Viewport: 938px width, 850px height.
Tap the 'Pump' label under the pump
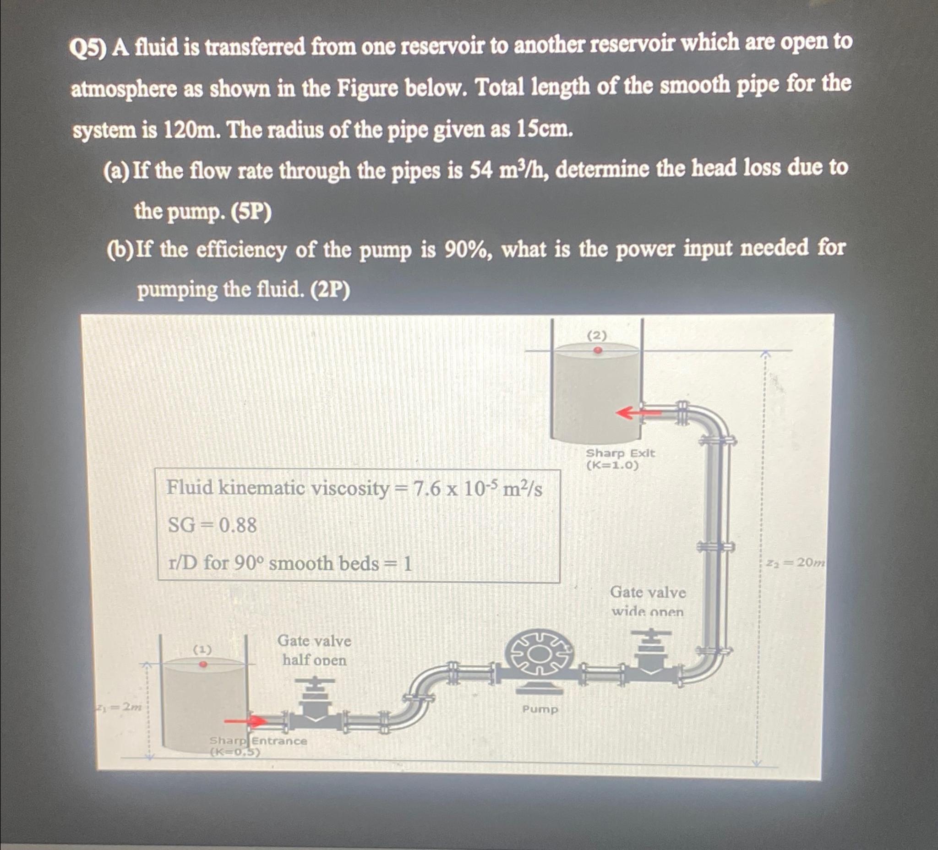[x=540, y=709]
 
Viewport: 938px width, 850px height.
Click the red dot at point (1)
[x=203, y=664]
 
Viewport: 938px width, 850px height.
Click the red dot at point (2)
[x=598, y=350]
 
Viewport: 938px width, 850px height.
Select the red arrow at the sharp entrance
[x=245, y=722]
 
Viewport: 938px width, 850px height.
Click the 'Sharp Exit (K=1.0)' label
[x=620, y=459]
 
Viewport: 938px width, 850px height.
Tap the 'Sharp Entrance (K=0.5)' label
[x=257, y=745]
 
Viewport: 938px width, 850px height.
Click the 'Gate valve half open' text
[x=314, y=650]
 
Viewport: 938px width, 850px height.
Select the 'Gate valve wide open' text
[x=648, y=602]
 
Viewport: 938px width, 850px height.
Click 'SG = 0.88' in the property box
[x=212, y=525]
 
